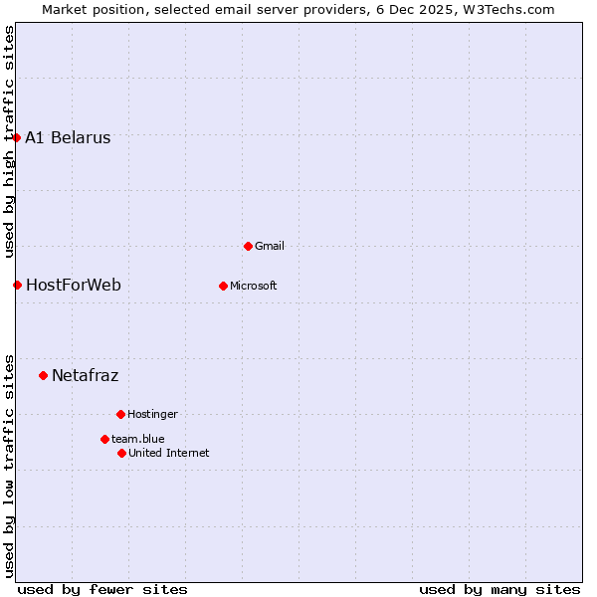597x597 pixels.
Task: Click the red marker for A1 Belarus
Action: [x=17, y=137]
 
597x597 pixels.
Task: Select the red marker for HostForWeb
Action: [x=17, y=285]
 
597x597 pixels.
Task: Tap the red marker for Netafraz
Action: [x=43, y=375]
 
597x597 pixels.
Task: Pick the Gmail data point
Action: [x=248, y=246]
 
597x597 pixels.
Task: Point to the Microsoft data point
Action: [x=223, y=286]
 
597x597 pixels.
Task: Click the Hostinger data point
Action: [x=120, y=414]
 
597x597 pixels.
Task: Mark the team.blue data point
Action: [x=104, y=439]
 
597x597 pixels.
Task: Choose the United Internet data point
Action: [x=121, y=453]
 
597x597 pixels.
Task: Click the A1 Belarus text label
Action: [x=68, y=138]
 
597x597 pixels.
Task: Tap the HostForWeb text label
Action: [x=74, y=286]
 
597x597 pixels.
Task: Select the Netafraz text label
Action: [x=85, y=376]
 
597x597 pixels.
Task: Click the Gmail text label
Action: [x=270, y=247]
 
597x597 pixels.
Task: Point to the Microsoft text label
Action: [x=254, y=287]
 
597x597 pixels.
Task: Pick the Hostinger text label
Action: [x=152, y=415]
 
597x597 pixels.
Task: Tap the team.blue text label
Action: [x=138, y=440]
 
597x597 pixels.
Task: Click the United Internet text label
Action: [x=169, y=454]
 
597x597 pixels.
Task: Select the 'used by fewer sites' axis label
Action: [x=102, y=589]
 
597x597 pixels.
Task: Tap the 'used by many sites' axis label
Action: [x=499, y=589]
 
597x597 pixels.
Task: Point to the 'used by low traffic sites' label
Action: [x=9, y=466]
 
